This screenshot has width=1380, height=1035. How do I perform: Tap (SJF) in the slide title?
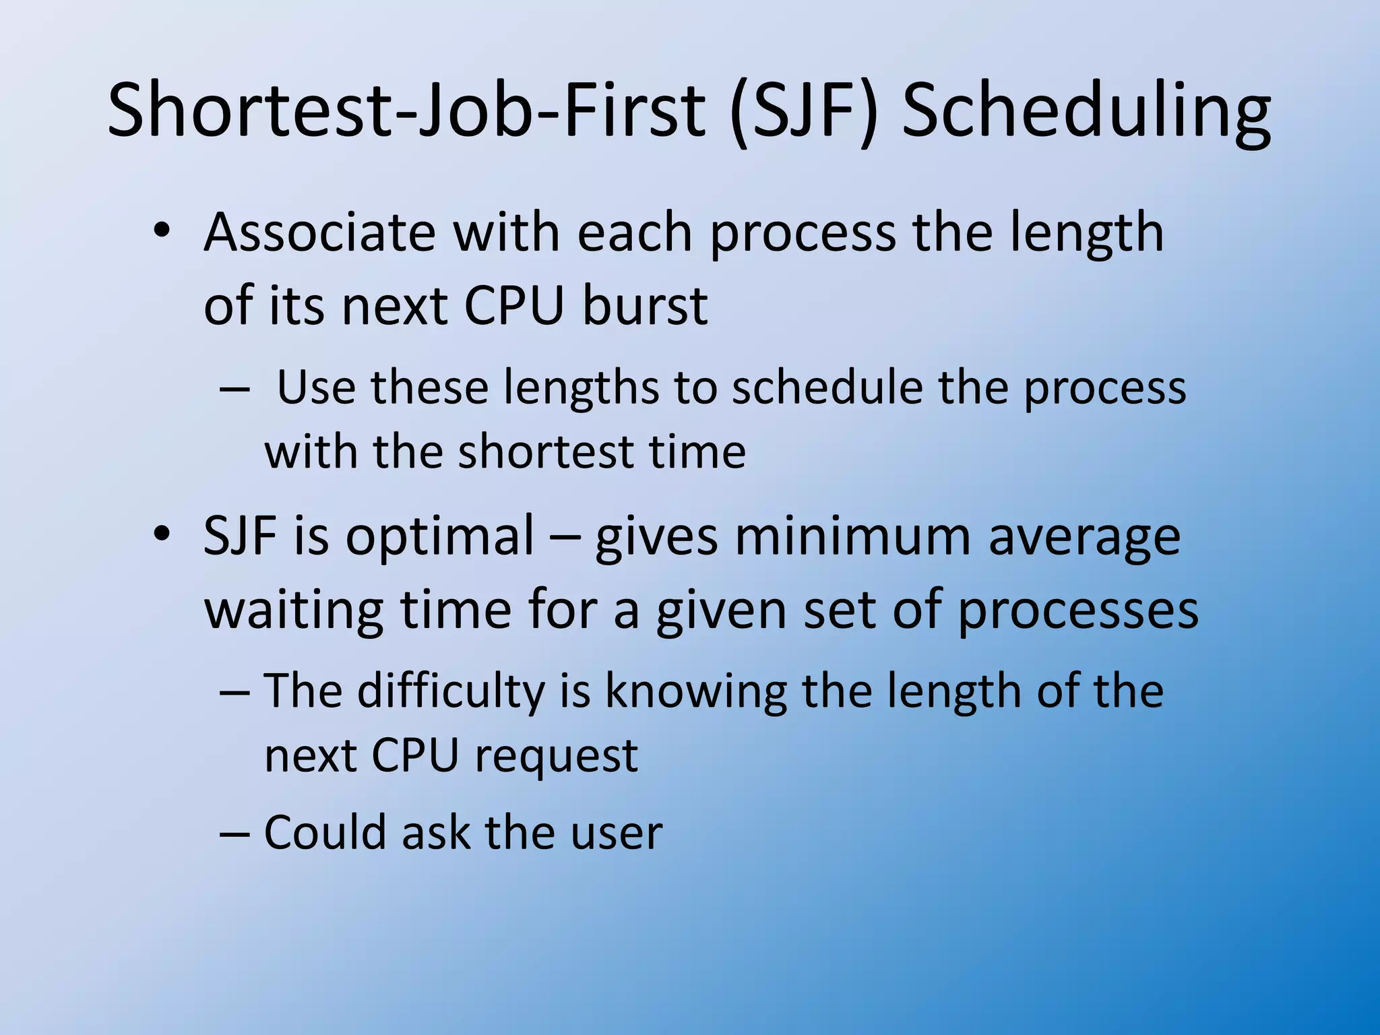[x=805, y=111]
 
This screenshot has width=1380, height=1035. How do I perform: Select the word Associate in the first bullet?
[x=319, y=232]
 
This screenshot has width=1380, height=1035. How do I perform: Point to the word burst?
[x=645, y=307]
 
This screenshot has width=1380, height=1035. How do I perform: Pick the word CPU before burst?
[x=513, y=307]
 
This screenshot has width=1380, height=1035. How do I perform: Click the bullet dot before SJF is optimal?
[x=162, y=534]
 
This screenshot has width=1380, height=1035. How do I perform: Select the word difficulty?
[x=451, y=692]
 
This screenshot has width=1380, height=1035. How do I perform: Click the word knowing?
[x=696, y=692]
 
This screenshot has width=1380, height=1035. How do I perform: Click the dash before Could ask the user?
[x=234, y=834]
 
